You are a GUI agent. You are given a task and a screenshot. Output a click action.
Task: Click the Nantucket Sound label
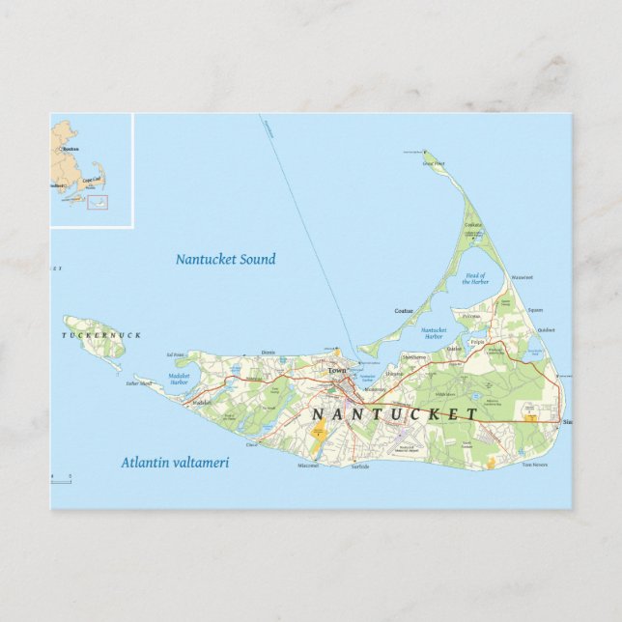point(225,259)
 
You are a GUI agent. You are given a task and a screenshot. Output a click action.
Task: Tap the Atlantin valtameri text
point(175,463)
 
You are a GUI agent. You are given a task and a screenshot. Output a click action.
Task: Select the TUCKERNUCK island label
point(102,335)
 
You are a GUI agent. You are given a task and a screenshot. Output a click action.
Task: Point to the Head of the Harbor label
point(476,279)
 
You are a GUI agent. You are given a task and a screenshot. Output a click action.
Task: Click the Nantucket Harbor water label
point(434,333)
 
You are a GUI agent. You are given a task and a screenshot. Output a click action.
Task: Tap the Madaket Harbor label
point(180,380)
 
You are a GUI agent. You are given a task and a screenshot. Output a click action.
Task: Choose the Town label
point(336,371)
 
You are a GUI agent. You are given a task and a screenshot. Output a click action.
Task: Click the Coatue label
point(404,310)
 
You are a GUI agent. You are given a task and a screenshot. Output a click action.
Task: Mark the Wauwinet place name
point(522,278)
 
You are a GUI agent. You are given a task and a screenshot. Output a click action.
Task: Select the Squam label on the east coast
point(535,310)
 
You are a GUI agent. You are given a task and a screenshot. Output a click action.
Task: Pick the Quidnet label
point(547,329)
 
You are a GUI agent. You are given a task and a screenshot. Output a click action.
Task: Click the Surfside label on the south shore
point(360,466)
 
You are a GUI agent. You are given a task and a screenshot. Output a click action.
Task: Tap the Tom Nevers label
point(534,465)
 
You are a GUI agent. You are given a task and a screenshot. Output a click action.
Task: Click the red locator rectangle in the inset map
point(98,202)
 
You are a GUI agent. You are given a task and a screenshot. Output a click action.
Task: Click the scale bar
point(61,478)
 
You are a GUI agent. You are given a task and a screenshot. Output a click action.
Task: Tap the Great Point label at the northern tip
point(434,163)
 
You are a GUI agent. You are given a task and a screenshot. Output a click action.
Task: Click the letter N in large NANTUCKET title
point(318,414)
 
